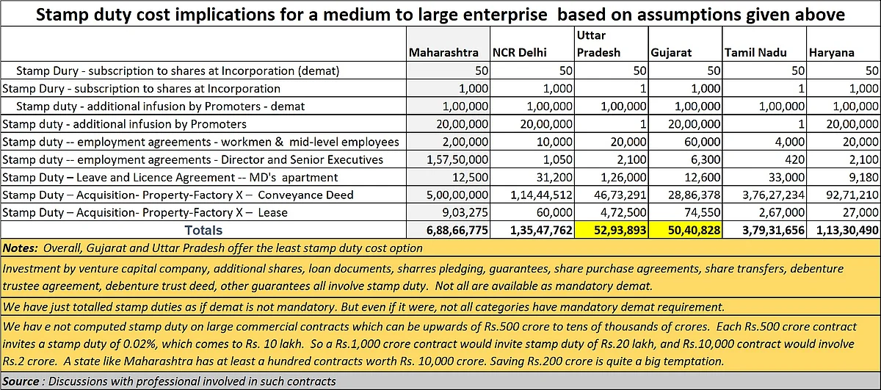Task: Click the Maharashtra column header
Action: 443,53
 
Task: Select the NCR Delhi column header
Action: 520,53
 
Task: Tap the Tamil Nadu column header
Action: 755,53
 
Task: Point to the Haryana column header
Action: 831,53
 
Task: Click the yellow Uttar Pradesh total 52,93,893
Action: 620,230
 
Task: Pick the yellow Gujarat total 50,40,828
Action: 695,230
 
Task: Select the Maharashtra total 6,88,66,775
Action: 457,230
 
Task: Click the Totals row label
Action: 203,230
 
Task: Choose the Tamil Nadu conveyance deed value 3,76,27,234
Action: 774,195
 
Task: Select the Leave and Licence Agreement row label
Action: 170,178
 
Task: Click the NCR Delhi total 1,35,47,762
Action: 541,230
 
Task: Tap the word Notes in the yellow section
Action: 20,248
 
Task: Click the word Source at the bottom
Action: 21,381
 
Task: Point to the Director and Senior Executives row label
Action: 192,160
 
